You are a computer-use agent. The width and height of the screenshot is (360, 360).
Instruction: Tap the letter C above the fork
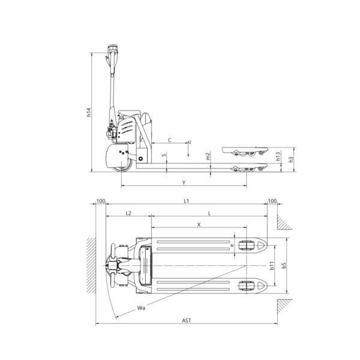169,140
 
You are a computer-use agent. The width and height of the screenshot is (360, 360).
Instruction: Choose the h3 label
291,159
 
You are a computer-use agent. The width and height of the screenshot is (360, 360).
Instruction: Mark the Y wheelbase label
184,181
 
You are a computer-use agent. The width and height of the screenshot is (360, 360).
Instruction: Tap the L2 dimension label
128,213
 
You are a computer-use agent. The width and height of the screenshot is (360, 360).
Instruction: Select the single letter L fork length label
209,213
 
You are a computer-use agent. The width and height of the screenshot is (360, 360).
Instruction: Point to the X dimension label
199,224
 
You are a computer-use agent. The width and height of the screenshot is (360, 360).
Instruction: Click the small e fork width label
232,245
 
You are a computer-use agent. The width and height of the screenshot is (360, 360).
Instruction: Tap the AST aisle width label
186,322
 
